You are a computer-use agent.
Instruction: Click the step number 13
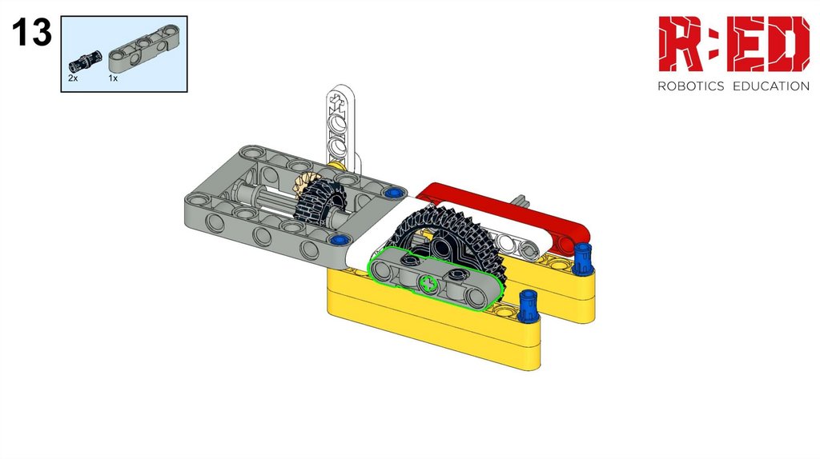click(32, 32)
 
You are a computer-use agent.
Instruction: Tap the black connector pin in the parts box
click(83, 61)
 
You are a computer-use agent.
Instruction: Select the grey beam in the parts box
click(144, 48)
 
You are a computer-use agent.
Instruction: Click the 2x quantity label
click(73, 78)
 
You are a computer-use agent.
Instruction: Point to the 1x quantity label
click(113, 78)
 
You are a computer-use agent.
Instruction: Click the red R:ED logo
click(734, 44)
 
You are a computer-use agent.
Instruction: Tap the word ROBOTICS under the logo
click(690, 86)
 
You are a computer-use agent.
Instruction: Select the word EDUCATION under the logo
click(771, 86)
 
